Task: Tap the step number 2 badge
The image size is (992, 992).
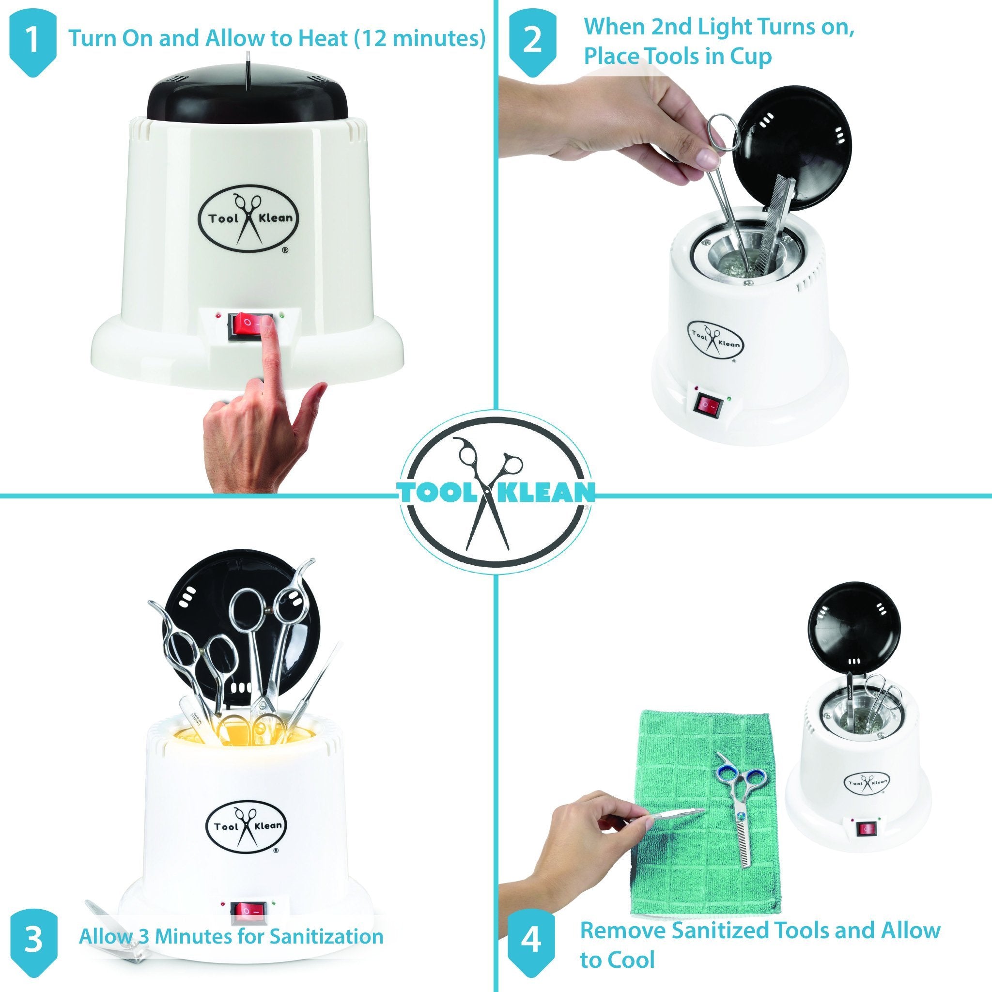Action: click(532, 41)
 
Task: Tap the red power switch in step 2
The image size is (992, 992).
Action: click(708, 406)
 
